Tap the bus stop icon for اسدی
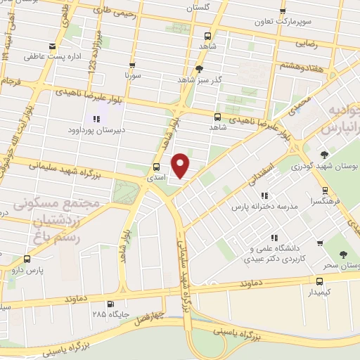coord(156,167)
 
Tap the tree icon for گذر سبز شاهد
coord(200,69)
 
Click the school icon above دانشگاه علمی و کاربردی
coord(274,238)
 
